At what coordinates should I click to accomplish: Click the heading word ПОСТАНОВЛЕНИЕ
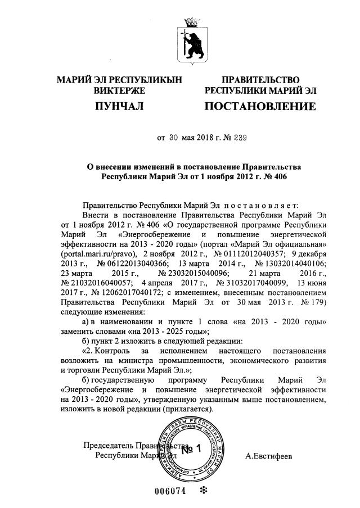(x=260, y=107)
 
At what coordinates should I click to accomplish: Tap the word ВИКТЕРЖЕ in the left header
(x=119, y=90)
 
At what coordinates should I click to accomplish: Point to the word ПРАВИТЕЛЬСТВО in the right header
(x=260, y=80)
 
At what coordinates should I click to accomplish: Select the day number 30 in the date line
(x=174, y=137)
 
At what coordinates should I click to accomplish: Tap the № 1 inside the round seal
(x=191, y=450)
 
